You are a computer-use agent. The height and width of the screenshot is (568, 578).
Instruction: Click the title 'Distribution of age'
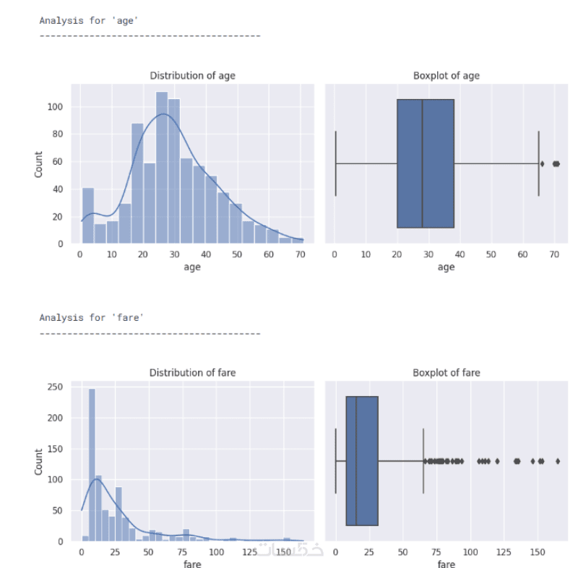192,76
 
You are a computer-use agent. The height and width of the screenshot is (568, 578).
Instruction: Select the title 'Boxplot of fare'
447,373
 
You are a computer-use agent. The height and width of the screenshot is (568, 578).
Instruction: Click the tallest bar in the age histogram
162,168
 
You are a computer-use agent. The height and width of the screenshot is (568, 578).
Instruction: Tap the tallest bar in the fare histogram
92,465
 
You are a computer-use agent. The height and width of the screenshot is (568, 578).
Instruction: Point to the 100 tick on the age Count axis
56,107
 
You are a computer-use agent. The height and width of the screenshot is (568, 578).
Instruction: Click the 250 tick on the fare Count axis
56,387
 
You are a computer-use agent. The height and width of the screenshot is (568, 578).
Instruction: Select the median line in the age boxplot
422,163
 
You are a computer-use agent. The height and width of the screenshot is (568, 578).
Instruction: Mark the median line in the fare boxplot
356,461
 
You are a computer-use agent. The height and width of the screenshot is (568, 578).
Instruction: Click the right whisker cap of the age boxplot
538,163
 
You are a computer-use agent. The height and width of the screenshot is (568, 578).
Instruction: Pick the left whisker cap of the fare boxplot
335,461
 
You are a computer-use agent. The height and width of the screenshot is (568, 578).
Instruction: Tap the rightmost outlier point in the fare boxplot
558,461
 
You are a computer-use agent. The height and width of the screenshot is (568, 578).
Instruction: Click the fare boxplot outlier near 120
497,461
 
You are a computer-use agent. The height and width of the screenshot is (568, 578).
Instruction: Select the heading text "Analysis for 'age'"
89,21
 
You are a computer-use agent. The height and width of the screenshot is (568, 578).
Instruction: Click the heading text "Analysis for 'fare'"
92,317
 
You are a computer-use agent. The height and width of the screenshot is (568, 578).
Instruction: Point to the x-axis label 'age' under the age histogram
192,267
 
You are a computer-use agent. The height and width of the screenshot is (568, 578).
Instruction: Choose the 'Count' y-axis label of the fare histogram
38,462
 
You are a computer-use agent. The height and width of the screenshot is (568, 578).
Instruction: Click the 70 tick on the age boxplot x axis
554,254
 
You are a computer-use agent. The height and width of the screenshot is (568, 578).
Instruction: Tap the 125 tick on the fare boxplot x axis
504,552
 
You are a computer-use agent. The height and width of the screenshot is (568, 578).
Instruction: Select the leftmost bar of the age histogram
88,215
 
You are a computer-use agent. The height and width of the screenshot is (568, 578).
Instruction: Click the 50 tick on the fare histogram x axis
149,552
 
